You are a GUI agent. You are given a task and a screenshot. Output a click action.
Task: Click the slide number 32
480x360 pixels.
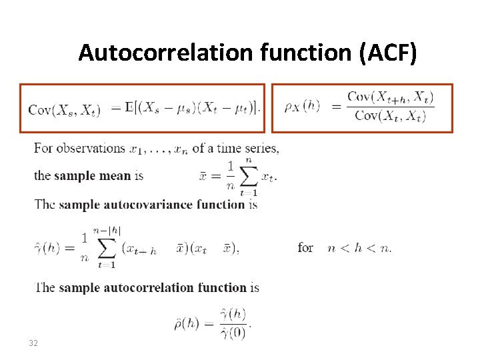coord(33,343)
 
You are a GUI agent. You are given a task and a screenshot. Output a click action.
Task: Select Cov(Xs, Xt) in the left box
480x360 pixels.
coord(65,110)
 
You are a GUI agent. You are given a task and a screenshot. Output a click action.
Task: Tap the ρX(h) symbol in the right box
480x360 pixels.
coord(302,106)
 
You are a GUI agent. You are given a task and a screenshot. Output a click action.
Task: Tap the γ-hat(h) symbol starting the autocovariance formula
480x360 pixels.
coord(47,247)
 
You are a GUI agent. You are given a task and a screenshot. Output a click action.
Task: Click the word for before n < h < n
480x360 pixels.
coord(305,247)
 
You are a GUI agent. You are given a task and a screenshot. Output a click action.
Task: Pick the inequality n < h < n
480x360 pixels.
coord(360,247)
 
